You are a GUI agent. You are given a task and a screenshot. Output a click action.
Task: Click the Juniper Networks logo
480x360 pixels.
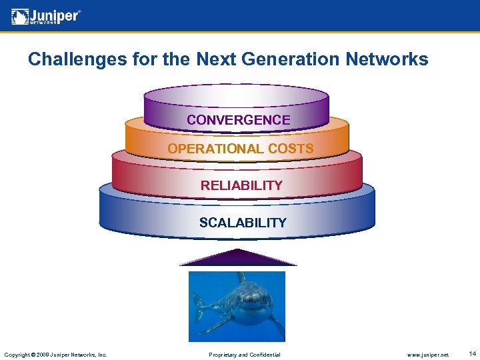(x=46, y=15)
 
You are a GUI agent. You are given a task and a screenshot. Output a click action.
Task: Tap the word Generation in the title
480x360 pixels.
(x=285, y=59)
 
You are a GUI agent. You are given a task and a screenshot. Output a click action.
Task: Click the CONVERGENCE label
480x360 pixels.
(x=238, y=120)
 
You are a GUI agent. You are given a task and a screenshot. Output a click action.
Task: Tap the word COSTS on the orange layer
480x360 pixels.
(x=291, y=149)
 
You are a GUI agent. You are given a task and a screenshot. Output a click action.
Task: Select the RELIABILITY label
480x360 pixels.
(x=241, y=185)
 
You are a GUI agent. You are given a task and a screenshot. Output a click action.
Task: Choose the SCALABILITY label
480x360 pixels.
(x=243, y=223)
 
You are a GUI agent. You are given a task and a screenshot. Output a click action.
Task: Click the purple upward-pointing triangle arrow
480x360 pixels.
(x=238, y=259)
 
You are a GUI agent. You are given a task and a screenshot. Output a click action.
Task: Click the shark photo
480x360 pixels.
(x=237, y=306)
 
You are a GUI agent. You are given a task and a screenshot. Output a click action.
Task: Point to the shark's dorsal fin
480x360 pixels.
(x=241, y=277)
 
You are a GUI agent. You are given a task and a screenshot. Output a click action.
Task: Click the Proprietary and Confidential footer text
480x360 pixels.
(x=245, y=355)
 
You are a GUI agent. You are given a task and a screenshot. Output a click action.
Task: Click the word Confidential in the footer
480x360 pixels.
(x=263, y=355)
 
